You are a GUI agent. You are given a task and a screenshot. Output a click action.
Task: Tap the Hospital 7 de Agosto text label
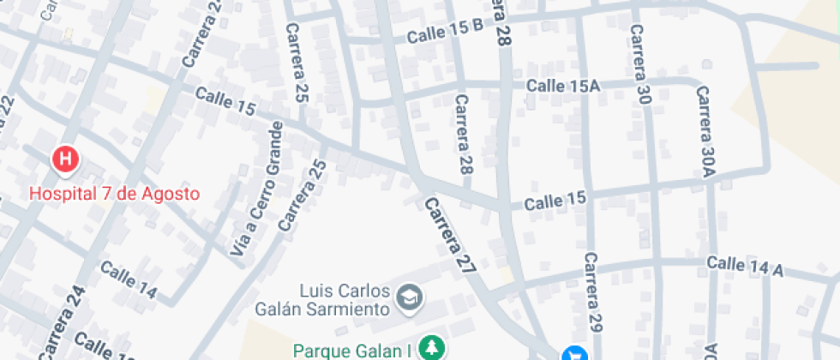click(x=114, y=194)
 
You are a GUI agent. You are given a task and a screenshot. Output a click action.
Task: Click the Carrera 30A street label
click(x=705, y=130)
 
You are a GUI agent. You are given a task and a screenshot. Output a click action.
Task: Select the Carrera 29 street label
click(x=592, y=293)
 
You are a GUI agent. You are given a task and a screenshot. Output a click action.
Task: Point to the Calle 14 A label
click(x=745, y=266)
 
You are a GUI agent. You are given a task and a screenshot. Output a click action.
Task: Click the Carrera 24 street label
click(x=62, y=324)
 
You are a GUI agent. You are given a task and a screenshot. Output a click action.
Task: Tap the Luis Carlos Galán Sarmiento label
click(x=323, y=299)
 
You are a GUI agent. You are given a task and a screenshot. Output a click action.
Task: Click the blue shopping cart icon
click(x=574, y=354)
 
